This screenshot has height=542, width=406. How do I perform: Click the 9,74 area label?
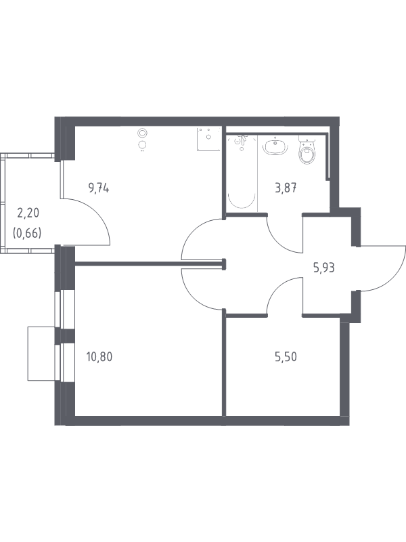coord(99,189)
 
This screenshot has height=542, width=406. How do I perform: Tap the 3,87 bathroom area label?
coord(286,189)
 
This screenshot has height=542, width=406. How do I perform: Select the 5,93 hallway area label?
coord(324,268)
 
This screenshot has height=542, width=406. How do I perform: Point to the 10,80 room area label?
coord(99,357)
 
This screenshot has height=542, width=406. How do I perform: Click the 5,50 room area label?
coord(286,357)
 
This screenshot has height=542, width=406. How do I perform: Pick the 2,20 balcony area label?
coord(28,213)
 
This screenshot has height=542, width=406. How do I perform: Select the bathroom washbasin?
coord(275,146)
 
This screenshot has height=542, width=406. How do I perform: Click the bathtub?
coord(242,172)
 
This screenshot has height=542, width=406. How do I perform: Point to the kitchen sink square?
coord(208,139)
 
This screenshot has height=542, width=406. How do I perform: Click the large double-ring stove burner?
coord(142,133)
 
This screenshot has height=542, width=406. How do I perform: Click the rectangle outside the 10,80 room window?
coord(41,353)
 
